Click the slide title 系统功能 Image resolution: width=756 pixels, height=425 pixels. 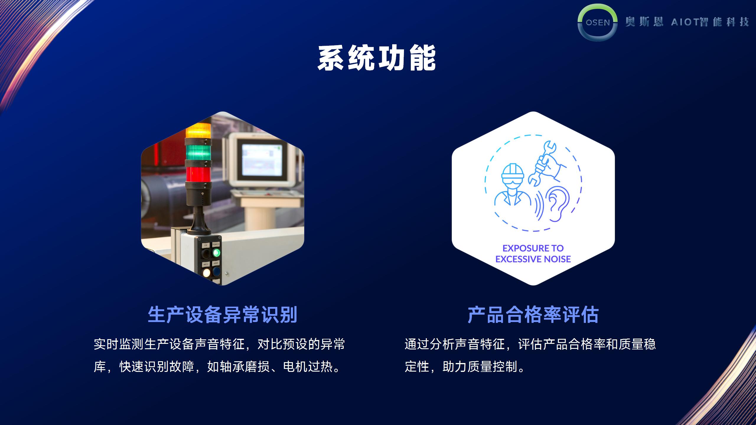pos(377,58)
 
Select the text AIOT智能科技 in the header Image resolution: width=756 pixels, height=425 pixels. pos(710,22)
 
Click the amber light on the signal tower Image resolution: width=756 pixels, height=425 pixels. pos(198,130)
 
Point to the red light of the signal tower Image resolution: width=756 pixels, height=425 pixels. pos(198,174)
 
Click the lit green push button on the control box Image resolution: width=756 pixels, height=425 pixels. pos(216,253)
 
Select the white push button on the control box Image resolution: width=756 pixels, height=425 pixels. pos(206,272)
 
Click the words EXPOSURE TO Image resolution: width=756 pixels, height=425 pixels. pos(533,248)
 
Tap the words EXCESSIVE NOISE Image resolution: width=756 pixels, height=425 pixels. pos(533,259)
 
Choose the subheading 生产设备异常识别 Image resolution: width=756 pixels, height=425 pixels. pos(222,315)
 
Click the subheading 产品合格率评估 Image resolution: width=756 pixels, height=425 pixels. pos(533,315)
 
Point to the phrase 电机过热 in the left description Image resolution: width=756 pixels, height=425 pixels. pos(308,367)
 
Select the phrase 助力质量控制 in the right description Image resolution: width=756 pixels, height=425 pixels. pos(480,367)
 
